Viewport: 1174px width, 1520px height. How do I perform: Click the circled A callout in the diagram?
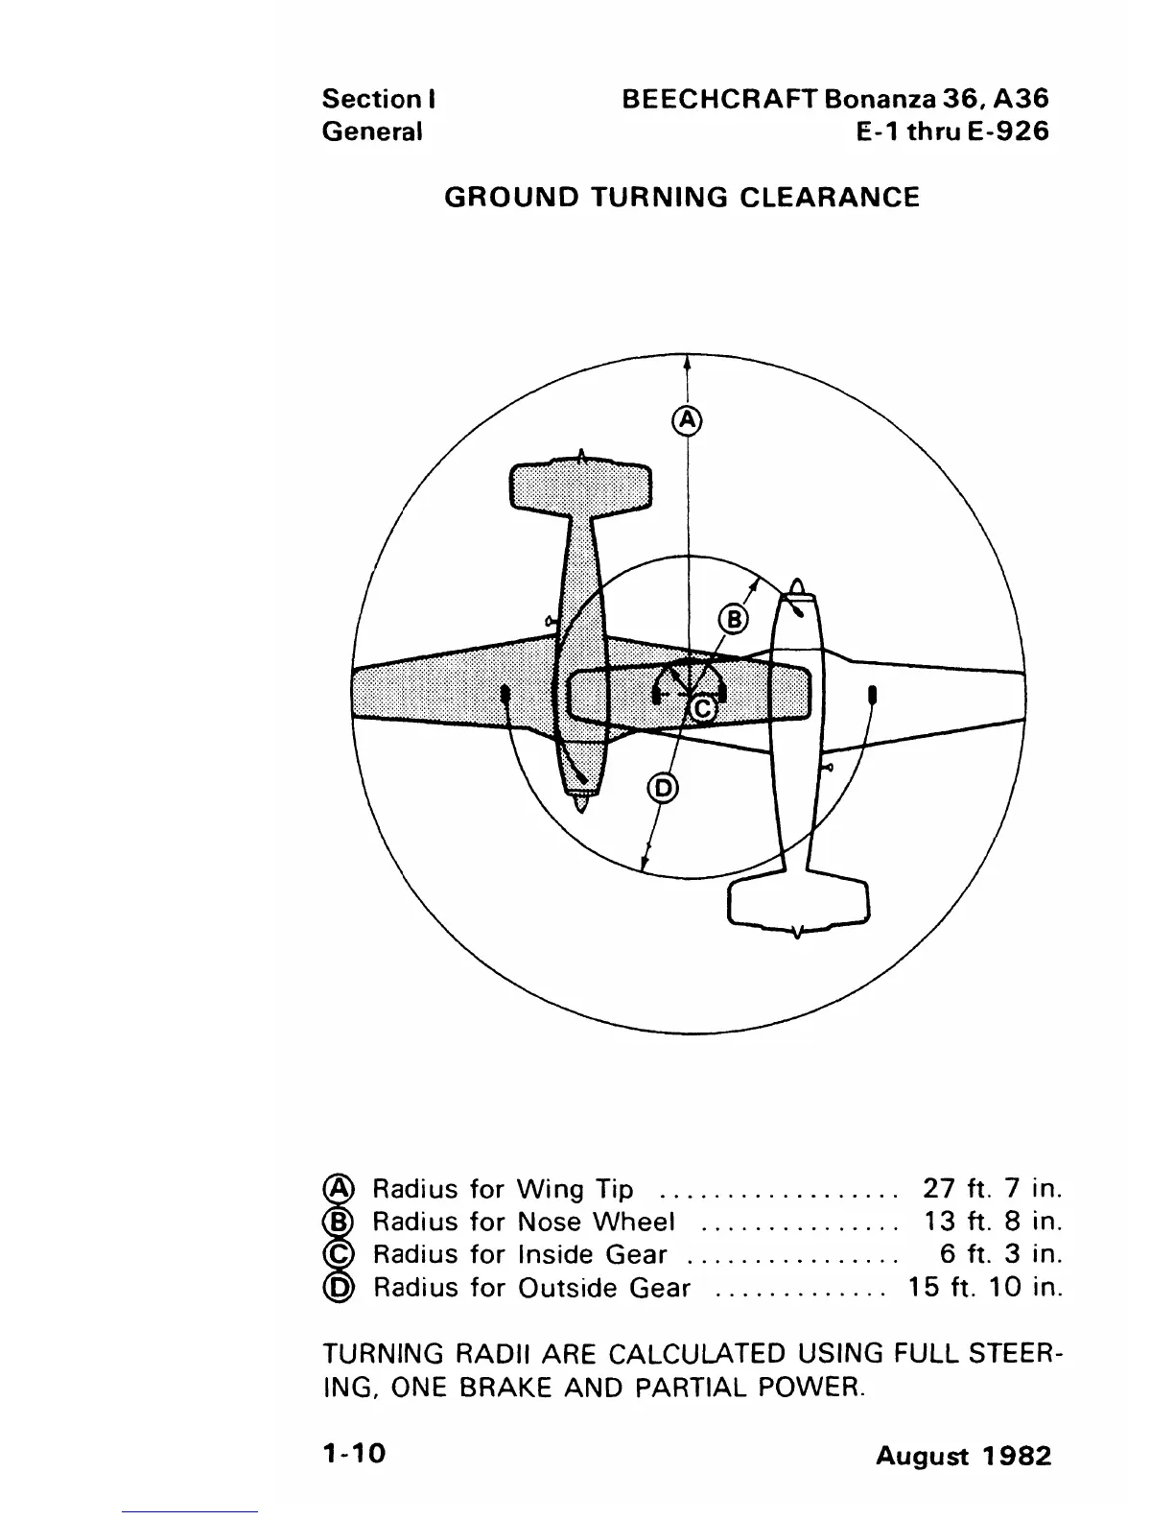[x=687, y=419]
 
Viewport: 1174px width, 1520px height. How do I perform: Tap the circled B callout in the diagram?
[x=733, y=620]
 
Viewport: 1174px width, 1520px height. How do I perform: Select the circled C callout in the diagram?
[x=703, y=708]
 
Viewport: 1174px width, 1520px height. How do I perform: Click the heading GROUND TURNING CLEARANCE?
[x=682, y=198]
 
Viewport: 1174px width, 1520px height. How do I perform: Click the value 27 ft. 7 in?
[x=992, y=1189]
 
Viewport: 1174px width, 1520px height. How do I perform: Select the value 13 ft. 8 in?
[x=992, y=1222]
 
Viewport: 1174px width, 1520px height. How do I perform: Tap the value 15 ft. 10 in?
[x=985, y=1287]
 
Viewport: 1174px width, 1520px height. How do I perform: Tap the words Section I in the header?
[x=380, y=99]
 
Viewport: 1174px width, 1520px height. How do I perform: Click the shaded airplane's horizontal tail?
[x=579, y=487]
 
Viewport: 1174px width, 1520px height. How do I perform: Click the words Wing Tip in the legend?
[x=575, y=1190]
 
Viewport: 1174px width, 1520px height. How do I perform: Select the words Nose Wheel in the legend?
[x=596, y=1222]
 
